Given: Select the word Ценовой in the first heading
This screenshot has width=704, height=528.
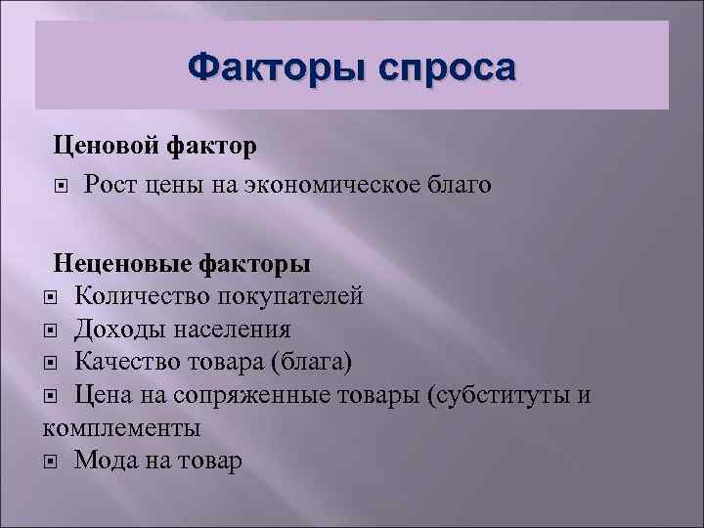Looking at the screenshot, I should tap(101, 146).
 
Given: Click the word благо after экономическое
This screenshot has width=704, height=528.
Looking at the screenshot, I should tap(456, 183).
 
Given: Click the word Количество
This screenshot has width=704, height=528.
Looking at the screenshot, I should tap(143, 295).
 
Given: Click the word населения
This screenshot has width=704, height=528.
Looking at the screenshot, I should tap(231, 329).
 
